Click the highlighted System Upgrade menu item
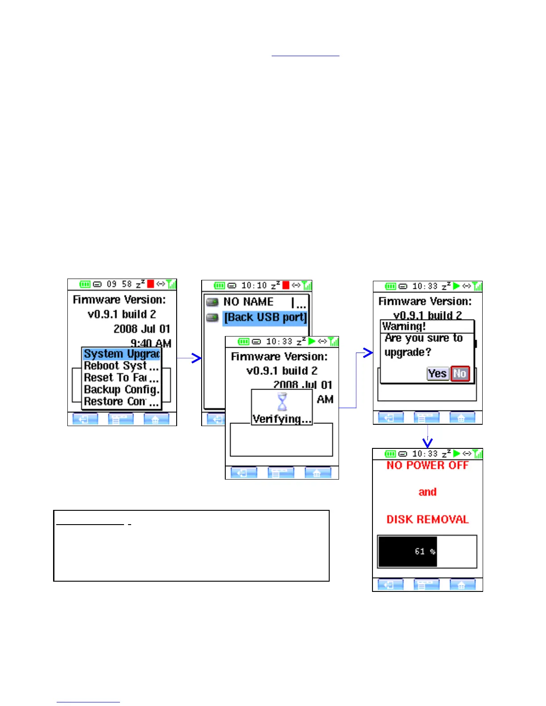tap(121, 354)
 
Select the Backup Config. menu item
tap(121, 390)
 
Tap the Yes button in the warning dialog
tap(437, 374)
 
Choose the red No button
tap(460, 374)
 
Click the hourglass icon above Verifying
tap(282, 402)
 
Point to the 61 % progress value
tap(425, 551)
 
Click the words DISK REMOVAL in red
tap(427, 519)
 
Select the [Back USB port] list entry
tap(265, 317)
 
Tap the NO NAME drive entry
tap(248, 302)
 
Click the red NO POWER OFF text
tap(427, 465)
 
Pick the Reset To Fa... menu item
tap(121, 378)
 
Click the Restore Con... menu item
tap(121, 402)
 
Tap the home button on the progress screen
tap(462, 585)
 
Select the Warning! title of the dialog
tap(404, 326)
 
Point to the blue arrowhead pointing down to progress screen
tap(428, 443)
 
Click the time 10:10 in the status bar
tap(254, 285)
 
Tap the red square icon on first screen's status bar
tap(151, 284)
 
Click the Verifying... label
tap(281, 419)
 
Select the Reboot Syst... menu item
tap(121, 366)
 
